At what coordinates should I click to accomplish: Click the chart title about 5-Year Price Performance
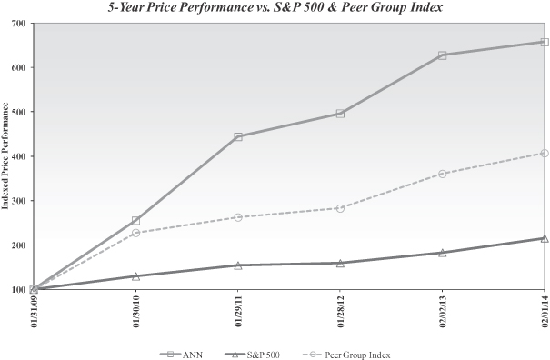pos(275,7)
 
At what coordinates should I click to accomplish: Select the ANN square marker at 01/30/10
pos(135,221)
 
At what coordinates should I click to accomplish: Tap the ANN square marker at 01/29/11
pos(238,137)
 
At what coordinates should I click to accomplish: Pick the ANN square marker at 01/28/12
pos(340,114)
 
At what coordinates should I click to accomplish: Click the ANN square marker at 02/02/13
pos(443,55)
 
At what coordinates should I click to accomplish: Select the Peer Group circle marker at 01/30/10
pos(135,233)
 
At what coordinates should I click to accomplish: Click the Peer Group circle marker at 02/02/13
pos(443,174)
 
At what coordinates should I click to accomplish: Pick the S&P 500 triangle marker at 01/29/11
pos(238,265)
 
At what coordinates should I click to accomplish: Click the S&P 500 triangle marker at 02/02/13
pos(443,253)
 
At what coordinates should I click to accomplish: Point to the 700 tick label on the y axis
pos(19,24)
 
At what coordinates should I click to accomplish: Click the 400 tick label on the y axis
pos(19,156)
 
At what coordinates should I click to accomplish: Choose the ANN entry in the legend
pos(181,355)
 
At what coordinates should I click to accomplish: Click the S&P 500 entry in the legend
pos(251,355)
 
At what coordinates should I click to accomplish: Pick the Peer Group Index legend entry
pos(345,355)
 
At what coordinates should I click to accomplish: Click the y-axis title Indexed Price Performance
pos(5,155)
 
